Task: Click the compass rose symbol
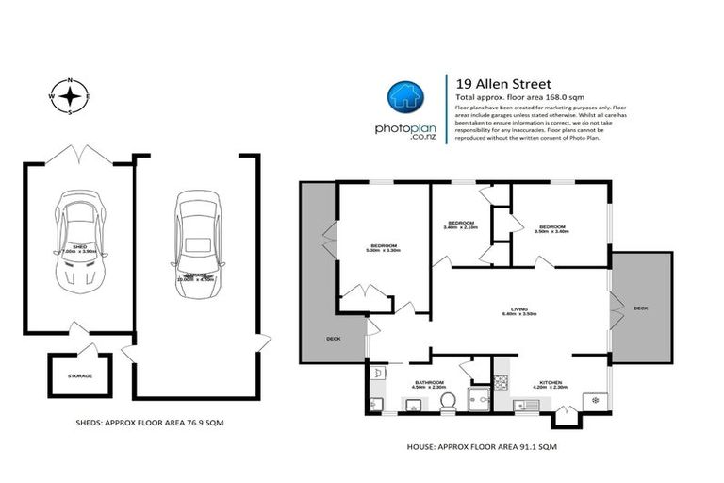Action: [x=69, y=95]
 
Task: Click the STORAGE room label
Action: [x=80, y=375]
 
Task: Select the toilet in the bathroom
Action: [x=448, y=402]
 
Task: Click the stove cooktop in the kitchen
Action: [x=502, y=381]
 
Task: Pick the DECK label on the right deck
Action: [x=641, y=308]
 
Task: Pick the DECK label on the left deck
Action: [x=333, y=339]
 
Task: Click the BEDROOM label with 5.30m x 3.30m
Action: [x=384, y=248]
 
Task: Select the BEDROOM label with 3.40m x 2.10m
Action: [x=461, y=225]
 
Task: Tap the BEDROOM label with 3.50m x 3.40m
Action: [x=551, y=228]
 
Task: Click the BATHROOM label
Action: [x=429, y=382]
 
